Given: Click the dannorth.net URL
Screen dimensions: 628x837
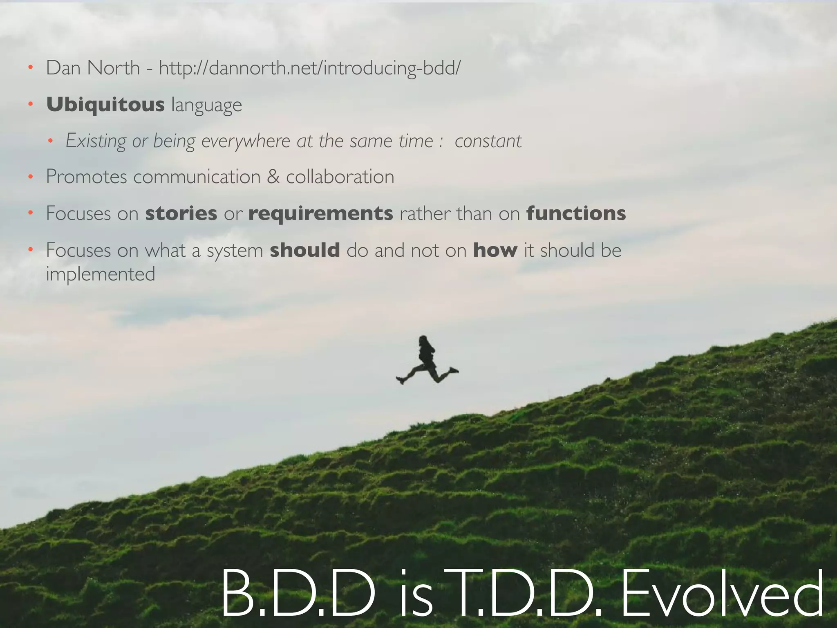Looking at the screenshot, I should pos(309,68).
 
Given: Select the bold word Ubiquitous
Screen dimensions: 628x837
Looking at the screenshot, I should pos(105,105).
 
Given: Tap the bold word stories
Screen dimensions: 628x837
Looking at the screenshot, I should pos(181,213).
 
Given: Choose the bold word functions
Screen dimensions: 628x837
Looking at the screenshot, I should pos(576,213).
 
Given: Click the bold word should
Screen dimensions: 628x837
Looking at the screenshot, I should pos(305,250).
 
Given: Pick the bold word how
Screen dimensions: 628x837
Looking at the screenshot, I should pos(495,250).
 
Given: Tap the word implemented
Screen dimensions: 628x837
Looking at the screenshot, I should pos(101,274).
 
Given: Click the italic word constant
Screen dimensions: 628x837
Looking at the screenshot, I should pos(488,141).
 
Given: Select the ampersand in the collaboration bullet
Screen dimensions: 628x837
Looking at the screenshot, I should pos(273,177).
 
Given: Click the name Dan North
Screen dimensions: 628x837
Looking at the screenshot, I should pos(93,68).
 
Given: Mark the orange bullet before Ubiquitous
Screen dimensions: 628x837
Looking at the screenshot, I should pos(30,105).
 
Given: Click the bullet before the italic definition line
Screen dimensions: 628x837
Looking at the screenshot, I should pos(50,141).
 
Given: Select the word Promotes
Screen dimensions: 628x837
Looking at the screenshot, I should pos(86,177).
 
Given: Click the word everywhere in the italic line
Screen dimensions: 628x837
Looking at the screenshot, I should pos(246,141).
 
